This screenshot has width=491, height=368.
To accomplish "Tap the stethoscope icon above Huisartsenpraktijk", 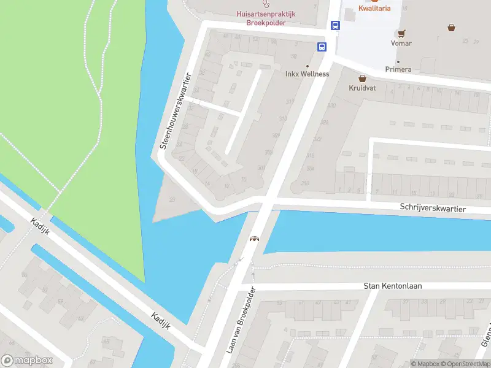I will (265, 4).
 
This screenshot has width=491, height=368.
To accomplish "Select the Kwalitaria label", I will (374, 9).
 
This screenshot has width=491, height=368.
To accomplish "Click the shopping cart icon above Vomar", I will (401, 33).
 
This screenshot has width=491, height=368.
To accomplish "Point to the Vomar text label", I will (401, 44).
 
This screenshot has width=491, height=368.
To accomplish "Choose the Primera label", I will (398, 70).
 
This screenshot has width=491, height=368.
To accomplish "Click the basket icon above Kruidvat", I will (362, 79).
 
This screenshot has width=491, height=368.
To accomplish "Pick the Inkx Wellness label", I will (307, 74).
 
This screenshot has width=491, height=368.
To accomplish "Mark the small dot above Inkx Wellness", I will (307, 66).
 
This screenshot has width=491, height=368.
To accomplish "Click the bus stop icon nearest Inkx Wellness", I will (322, 47).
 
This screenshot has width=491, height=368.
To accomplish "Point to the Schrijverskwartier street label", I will (433, 209).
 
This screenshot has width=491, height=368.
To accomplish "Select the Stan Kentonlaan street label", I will (393, 286).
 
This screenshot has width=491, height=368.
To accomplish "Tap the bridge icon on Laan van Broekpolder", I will (253, 239).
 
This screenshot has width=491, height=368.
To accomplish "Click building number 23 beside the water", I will (172, 199).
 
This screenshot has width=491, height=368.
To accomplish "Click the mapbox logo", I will (26, 361).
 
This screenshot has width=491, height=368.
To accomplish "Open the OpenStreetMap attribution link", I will (466, 364).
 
